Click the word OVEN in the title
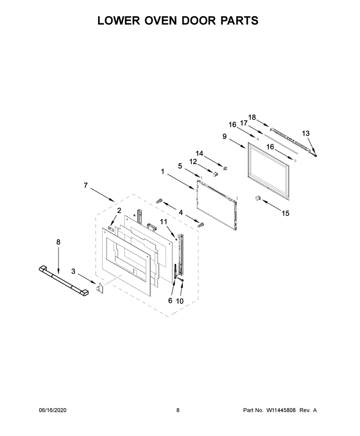(157, 21)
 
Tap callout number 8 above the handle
(58, 242)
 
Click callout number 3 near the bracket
(73, 271)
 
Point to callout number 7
(86, 185)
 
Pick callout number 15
(285, 213)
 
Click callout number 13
(306, 133)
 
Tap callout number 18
(252, 117)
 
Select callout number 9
(225, 137)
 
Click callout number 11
(163, 222)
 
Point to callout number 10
(180, 301)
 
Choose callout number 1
(162, 172)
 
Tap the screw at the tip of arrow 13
(315, 155)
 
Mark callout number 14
(199, 153)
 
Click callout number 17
(244, 123)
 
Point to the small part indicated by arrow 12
(215, 174)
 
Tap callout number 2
(119, 211)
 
